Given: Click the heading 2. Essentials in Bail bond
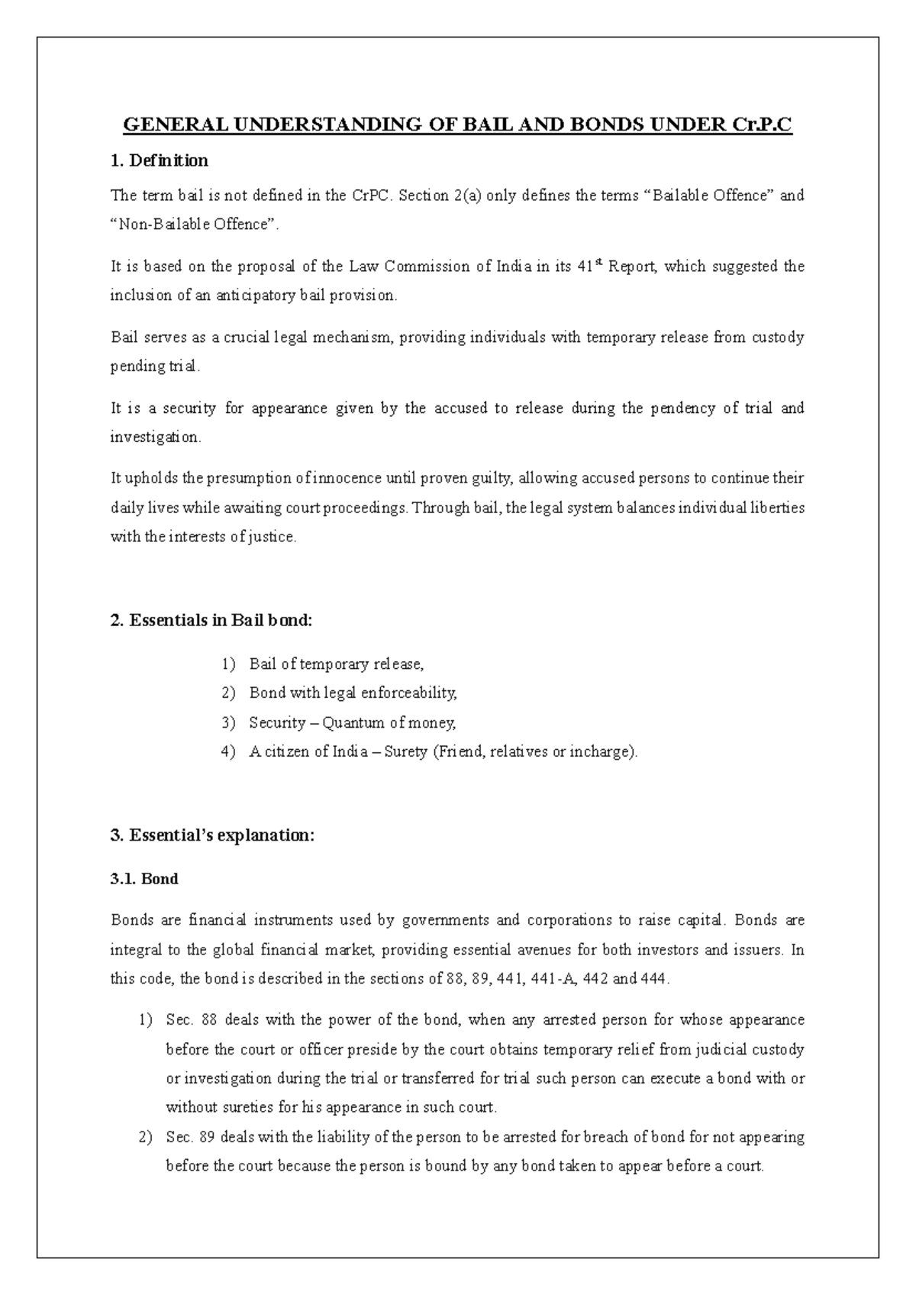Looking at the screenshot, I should [211, 621].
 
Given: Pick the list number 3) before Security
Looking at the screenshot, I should [228, 722].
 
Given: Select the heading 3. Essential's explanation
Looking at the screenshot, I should [212, 835].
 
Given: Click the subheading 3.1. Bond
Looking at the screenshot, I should [144, 879].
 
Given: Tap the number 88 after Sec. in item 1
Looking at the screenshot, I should [211, 1020].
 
